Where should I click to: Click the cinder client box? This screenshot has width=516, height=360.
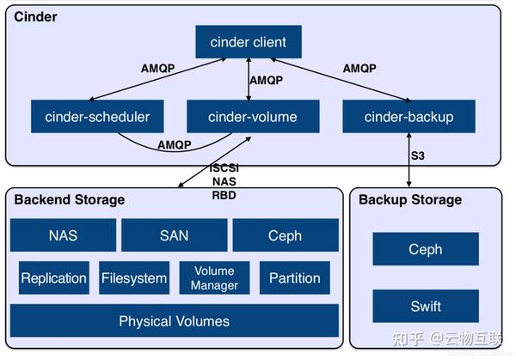click(248, 41)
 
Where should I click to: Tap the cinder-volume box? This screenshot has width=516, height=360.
click(253, 117)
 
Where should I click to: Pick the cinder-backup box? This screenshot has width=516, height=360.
click(408, 117)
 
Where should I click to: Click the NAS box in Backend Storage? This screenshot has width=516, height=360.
click(63, 235)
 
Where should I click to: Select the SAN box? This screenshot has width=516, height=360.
click(174, 235)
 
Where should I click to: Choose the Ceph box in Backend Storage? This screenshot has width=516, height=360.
click(284, 235)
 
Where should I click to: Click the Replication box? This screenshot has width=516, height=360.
click(53, 278)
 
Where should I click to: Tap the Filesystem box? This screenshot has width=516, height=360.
click(134, 278)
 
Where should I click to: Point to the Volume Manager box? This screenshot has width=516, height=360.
click(214, 278)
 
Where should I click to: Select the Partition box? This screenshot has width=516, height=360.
click(294, 278)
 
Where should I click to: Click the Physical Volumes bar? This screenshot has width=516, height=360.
click(174, 321)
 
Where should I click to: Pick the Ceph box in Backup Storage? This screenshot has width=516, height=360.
click(425, 249)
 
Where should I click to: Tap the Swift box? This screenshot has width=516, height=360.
click(425, 306)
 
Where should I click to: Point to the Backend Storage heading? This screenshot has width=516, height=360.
click(70, 200)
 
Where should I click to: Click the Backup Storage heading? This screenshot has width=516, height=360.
click(410, 200)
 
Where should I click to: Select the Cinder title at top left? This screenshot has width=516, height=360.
click(35, 16)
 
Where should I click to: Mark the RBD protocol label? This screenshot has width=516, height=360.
click(224, 193)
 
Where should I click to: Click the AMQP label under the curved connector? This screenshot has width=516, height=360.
click(175, 145)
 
